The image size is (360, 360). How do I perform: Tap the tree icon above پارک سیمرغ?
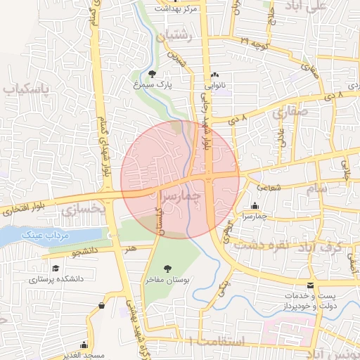153,73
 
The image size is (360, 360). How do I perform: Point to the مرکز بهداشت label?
179,10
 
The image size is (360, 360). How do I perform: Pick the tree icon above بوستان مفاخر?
167,268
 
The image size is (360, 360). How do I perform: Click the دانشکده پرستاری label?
56,278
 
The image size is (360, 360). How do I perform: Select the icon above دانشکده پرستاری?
56,268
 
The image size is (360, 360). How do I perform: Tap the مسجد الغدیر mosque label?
85,355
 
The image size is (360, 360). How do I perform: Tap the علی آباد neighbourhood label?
327,6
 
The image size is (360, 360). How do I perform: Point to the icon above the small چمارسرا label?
254,206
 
